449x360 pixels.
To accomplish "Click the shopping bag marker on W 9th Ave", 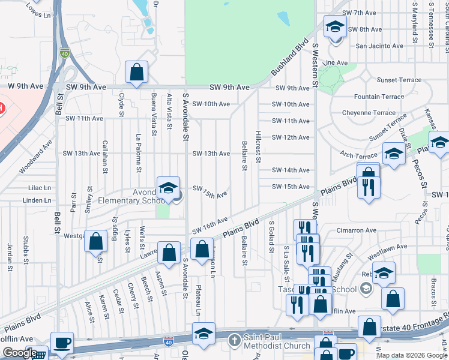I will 136,72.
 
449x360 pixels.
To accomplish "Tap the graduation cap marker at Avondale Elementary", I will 169,188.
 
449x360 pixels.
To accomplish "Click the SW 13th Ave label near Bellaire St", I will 211,154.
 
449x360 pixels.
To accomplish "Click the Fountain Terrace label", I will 379,97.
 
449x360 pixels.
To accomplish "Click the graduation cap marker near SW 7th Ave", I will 335,27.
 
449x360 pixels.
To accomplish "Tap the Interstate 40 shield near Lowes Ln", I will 64,53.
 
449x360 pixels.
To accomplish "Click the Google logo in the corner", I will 20,353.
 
